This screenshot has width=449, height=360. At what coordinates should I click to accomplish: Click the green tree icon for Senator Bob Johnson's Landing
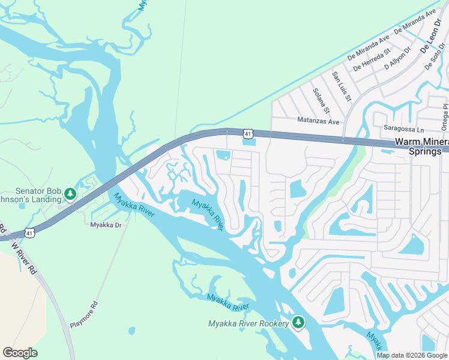[x=70, y=194]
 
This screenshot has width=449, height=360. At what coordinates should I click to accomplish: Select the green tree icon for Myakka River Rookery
[x=298, y=323]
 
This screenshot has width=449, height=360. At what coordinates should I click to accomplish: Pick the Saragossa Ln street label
[x=403, y=129]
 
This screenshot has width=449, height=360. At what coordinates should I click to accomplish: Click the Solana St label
[x=321, y=101]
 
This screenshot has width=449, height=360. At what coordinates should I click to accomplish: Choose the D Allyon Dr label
[x=397, y=64]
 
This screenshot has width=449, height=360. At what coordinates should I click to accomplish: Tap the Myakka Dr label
[x=106, y=225]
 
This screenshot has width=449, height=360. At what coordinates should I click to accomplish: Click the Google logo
[x=20, y=353]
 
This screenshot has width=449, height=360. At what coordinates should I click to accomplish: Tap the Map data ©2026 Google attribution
[x=411, y=355]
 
